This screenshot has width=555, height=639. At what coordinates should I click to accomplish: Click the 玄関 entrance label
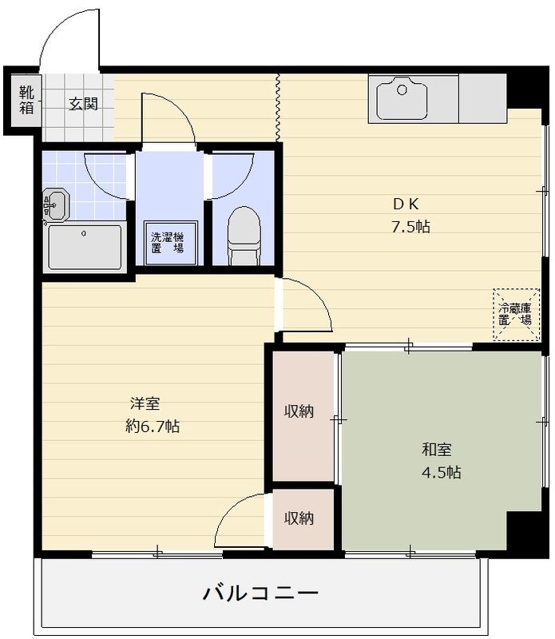pos(83,103)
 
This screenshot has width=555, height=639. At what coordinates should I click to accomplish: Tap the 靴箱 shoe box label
pos(26,100)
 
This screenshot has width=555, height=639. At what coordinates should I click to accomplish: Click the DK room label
pos(405,203)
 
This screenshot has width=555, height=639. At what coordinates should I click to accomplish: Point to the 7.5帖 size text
pos(410,227)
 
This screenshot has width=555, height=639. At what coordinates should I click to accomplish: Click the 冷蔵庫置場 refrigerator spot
pos(515,314)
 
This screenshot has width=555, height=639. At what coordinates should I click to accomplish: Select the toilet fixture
pos(244,234)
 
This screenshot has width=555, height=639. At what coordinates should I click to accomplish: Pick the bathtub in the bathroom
pos(85,247)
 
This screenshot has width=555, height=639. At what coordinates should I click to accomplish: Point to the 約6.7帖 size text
pos(152,427)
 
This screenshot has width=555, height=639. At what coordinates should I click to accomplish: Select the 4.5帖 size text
pos(441,472)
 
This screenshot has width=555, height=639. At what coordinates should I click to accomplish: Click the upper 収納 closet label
pos(299,411)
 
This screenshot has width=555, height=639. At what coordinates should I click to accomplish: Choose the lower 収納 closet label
pos(299,518)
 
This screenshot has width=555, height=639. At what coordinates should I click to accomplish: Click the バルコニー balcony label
pos(260,593)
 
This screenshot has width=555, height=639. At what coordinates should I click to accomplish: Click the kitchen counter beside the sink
pos(482,99)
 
